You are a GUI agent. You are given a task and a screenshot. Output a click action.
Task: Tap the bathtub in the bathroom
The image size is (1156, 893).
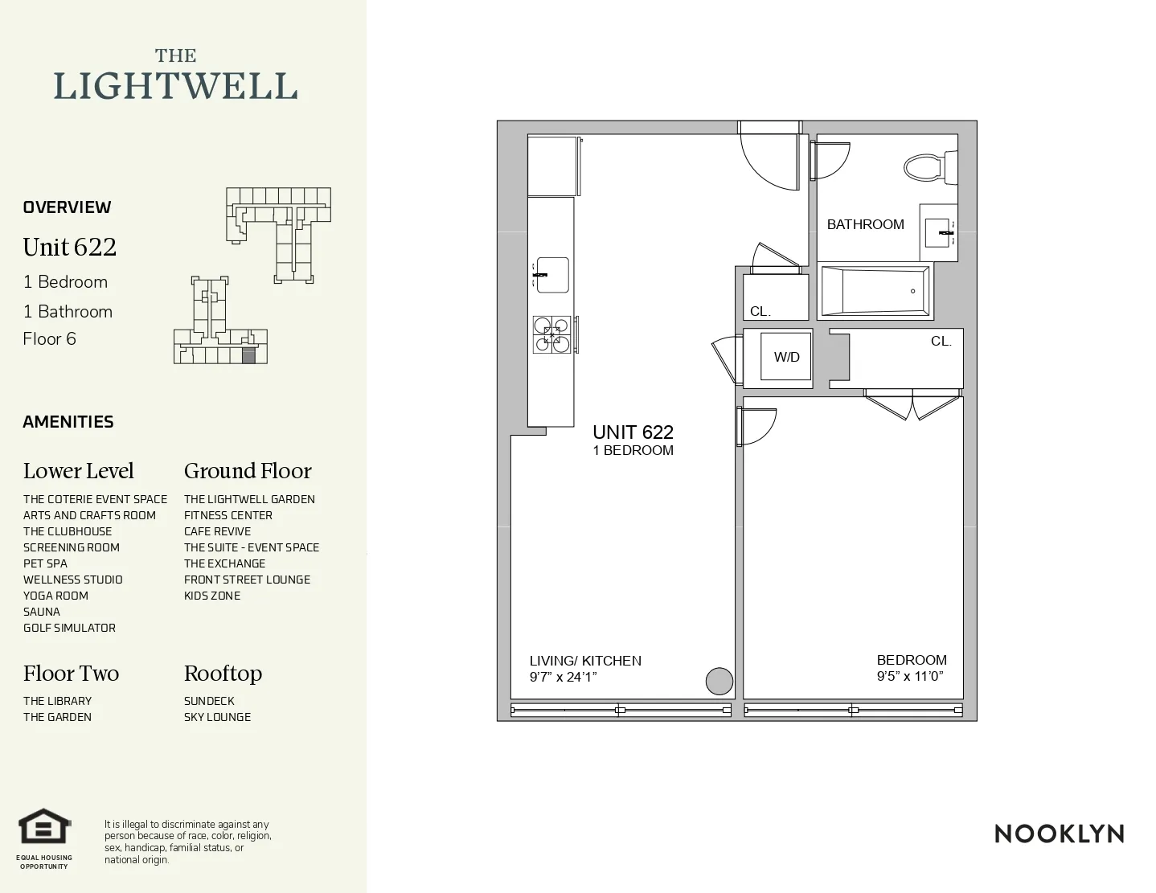coord(875,291)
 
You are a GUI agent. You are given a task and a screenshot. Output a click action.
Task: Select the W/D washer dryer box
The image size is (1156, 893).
coord(786,357)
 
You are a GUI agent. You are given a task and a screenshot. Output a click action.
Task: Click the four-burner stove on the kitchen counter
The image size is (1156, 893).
coord(551,335)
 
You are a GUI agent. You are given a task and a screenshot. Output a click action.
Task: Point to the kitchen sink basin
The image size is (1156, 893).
coord(553,276)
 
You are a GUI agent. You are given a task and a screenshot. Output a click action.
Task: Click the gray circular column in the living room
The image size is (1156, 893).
coord(719,681)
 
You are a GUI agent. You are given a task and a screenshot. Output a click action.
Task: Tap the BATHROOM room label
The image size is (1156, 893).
coord(865,224)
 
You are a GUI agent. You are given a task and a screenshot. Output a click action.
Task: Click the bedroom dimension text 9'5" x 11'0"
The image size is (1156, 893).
coord(909,676)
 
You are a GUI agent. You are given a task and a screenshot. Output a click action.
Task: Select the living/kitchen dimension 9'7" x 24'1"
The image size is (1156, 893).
coord(563,677)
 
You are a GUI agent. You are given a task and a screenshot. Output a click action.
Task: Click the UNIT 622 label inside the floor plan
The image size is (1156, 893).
coord(633,432)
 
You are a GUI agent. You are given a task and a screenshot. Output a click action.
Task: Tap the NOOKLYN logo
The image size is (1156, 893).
coord(1059,834)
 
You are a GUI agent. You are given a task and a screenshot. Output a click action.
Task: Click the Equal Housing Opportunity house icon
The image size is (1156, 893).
coord(45,827)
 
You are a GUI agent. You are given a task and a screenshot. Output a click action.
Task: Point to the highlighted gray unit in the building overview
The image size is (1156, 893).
coord(248,355)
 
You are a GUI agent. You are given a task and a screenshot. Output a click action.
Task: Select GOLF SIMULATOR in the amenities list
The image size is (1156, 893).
coord(69,628)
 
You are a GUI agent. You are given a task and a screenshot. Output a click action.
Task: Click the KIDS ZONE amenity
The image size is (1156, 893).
coord(212,596)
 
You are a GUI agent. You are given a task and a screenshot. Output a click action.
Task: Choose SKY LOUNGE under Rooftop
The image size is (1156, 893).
coord(217,717)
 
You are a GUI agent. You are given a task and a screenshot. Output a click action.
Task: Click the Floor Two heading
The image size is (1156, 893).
coord(71,674)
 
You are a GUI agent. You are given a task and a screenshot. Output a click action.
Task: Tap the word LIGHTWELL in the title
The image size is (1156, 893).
coord(175,87)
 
